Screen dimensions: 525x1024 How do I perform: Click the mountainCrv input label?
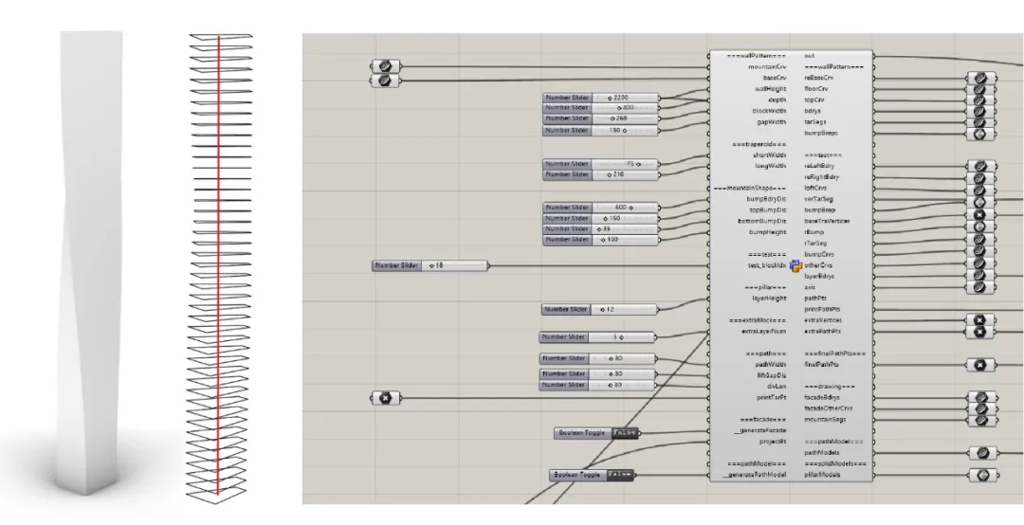point(767,67)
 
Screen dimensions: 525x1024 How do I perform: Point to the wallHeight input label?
point(771,88)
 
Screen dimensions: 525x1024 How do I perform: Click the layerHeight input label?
point(768,299)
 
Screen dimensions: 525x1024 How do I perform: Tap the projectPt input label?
point(774,442)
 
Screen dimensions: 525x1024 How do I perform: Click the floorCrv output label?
point(816,88)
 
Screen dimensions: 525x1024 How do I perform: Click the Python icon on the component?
point(796,265)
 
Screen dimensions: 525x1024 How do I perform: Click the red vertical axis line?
point(219,265)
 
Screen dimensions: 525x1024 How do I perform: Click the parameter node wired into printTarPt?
point(385,398)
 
